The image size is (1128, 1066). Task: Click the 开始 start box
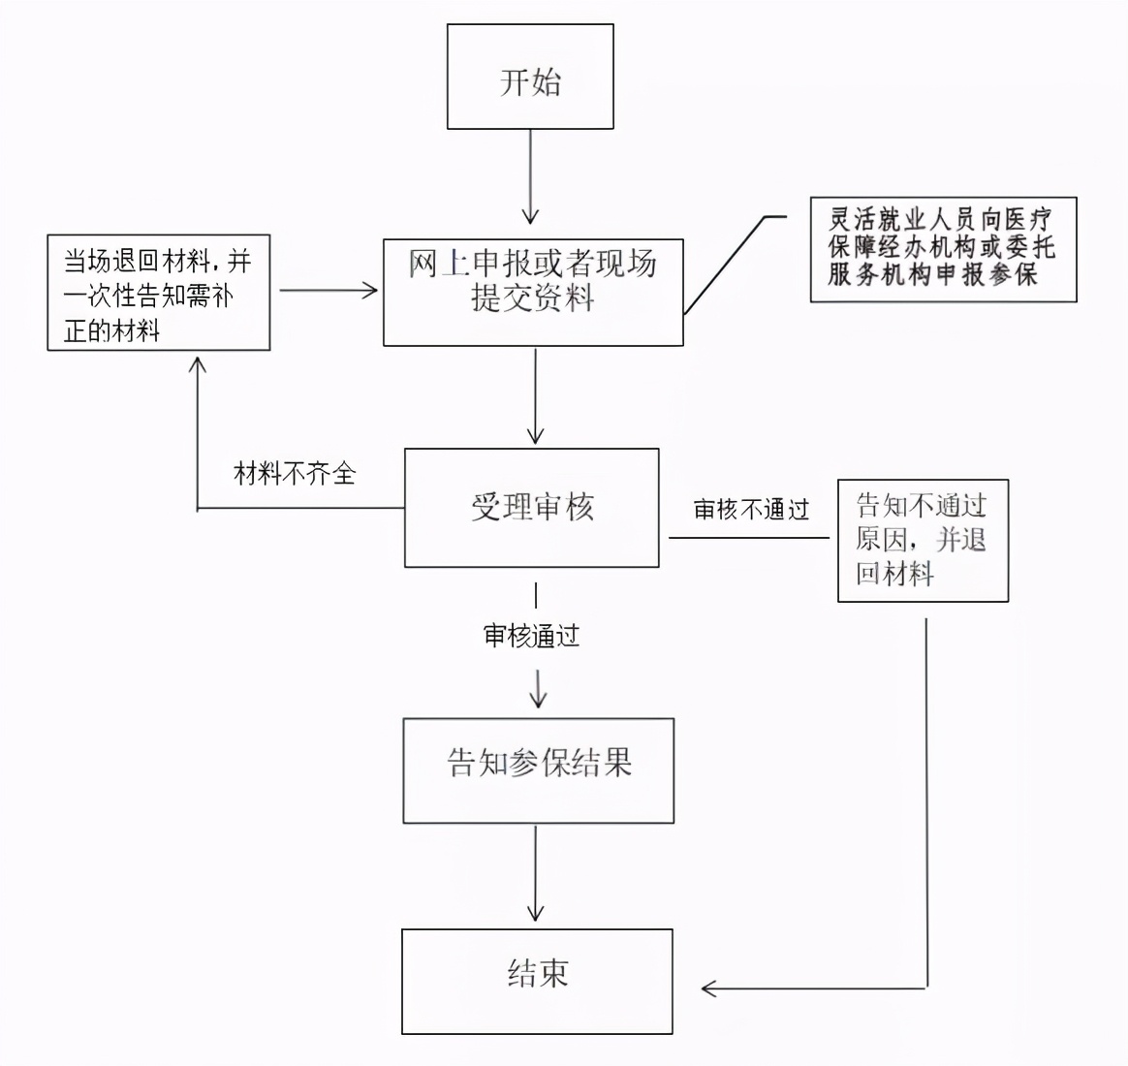coord(530,78)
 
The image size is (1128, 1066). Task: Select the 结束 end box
coord(537,981)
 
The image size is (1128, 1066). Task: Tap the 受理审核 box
coord(531,508)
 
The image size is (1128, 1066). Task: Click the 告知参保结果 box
coord(538,770)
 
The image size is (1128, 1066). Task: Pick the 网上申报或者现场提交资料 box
coord(533,293)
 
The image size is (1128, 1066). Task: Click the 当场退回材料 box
coord(159,293)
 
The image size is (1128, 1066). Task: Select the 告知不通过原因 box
coord(923,541)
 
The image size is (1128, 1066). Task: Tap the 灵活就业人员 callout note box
coord(943,249)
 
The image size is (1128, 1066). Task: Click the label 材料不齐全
coord(295,474)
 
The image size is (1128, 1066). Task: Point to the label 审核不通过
coord(751,510)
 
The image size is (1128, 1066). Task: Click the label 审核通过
coord(531,636)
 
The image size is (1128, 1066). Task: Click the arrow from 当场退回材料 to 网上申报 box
coord(328,289)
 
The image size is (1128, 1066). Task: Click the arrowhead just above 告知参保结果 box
coord(538,698)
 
